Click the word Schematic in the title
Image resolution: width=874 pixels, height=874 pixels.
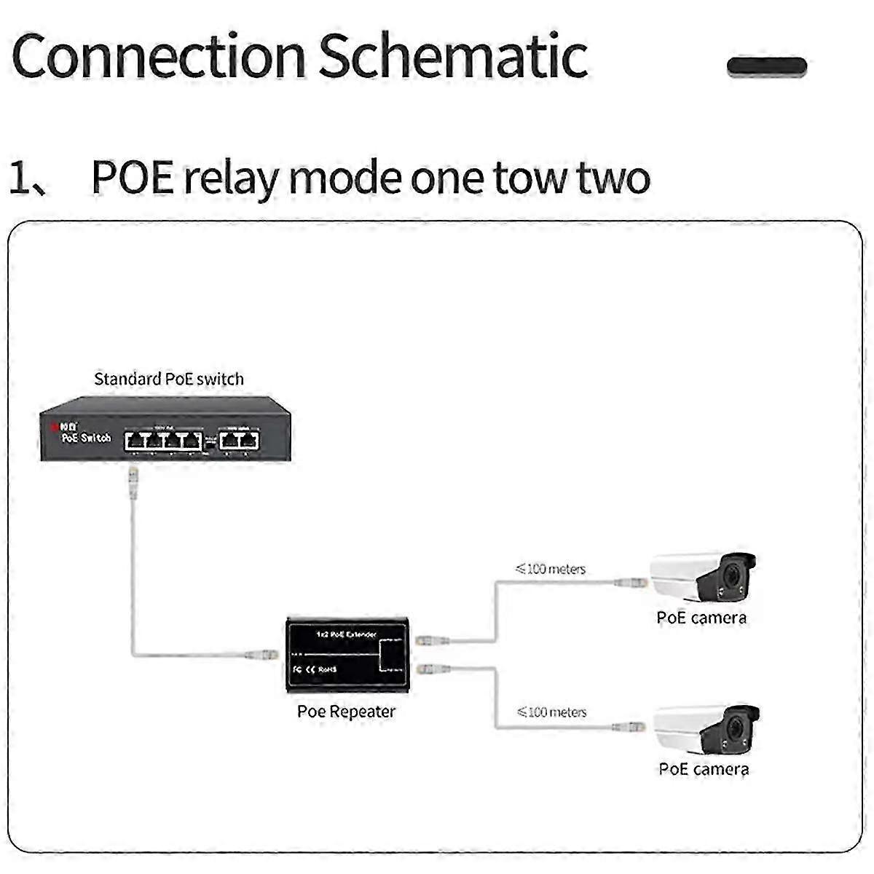point(453,57)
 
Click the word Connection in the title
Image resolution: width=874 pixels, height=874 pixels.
point(159,57)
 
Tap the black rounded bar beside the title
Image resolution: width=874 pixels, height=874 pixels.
point(767,67)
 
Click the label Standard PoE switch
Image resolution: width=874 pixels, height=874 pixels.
point(169,379)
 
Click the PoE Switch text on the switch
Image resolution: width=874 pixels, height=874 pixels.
point(86,437)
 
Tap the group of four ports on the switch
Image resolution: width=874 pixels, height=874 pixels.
point(162,439)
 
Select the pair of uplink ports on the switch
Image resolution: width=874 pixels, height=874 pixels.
point(240,439)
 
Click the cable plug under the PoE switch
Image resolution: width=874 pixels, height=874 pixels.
point(133,484)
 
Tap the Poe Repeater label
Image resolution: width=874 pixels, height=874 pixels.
point(346,712)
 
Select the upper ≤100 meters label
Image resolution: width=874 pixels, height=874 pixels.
point(551,569)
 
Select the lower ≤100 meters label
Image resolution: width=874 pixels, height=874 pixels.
point(551,712)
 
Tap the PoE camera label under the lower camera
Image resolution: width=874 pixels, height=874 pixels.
point(704,769)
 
